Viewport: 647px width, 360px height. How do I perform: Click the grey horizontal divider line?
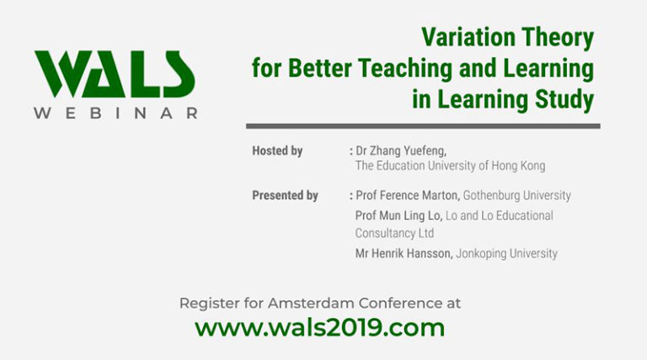[422, 126]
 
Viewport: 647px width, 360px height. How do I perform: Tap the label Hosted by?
[277, 151]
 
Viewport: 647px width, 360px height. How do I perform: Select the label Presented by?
[285, 196]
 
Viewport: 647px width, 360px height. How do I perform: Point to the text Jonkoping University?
[506, 253]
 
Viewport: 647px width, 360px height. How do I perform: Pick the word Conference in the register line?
[388, 303]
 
